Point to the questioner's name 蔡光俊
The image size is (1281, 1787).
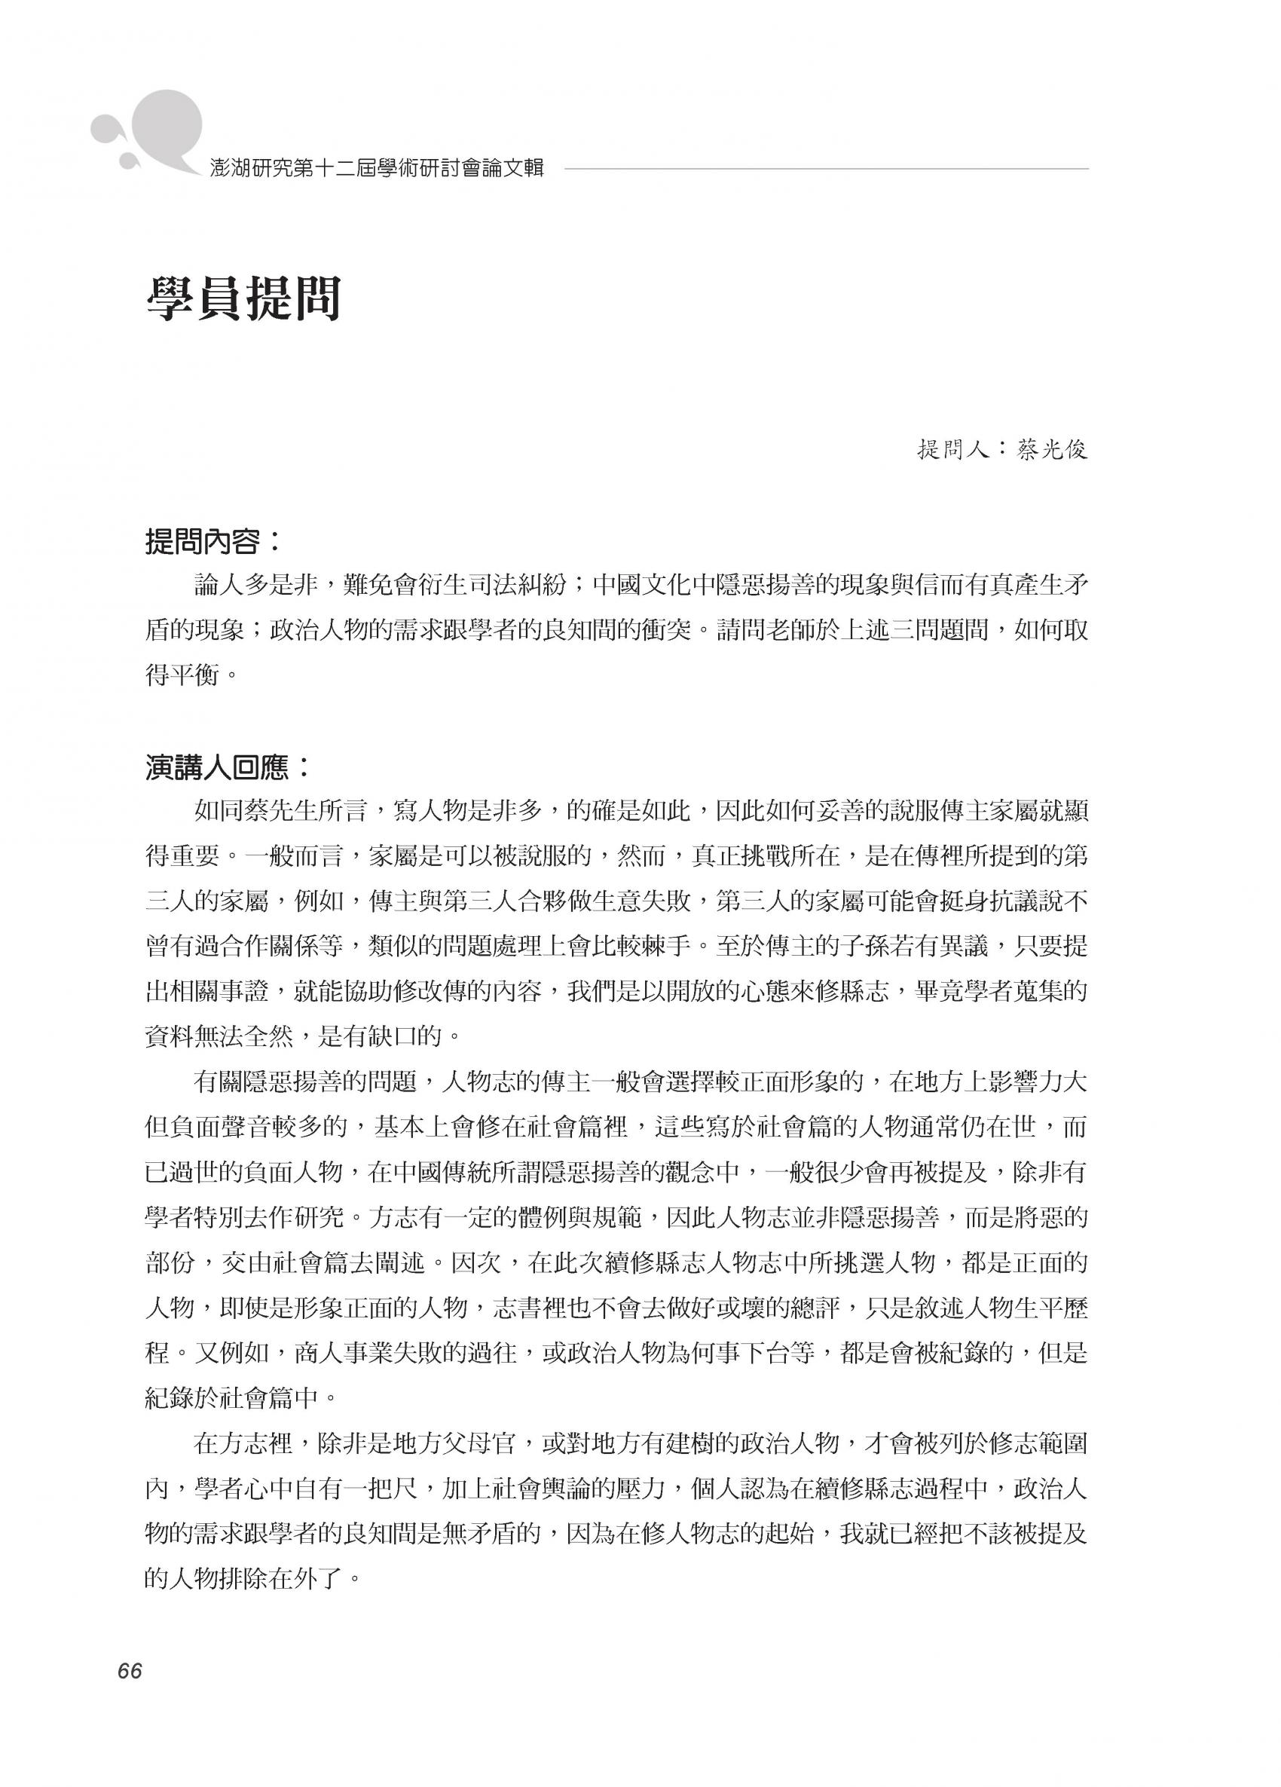pos(1053,450)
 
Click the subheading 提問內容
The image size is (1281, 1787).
pos(212,542)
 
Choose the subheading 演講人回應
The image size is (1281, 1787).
pos(228,767)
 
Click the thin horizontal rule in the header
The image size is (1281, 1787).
pos(827,169)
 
